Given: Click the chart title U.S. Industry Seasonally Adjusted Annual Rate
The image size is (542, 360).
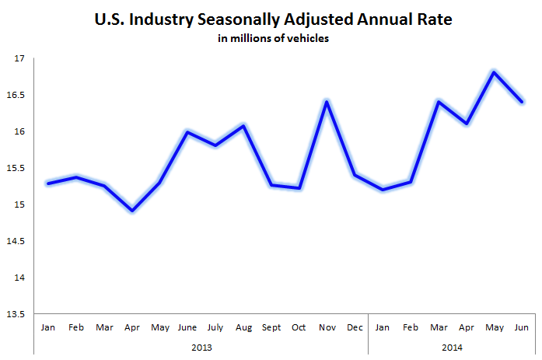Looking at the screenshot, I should [272, 19].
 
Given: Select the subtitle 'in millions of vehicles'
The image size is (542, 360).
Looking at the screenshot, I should [272, 39].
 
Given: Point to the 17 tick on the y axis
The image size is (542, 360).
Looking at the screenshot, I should [19, 58].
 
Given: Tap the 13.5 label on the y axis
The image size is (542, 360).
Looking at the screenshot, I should [16, 314].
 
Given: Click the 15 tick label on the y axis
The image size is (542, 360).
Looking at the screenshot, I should [19, 204].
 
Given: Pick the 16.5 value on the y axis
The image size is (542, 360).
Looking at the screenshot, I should [16, 95].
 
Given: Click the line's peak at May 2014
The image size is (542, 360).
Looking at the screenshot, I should [492, 72].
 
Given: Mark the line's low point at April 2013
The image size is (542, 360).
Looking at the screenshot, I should [131, 211].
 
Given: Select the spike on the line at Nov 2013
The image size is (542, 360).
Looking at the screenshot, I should [327, 101].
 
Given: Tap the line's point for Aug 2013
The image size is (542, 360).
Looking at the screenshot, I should [244, 126].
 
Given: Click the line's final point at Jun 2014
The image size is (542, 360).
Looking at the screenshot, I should [521, 102].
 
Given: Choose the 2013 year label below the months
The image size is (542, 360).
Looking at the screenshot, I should [201, 346].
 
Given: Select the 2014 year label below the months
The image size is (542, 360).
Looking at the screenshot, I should [451, 346].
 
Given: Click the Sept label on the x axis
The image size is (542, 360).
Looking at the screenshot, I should [271, 328].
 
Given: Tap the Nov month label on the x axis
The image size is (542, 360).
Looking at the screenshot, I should [327, 328].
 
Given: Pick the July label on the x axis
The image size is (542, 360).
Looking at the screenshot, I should [215, 328].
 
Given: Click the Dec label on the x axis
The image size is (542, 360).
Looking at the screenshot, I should [354, 328].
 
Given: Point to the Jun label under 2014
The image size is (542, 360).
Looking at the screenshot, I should [521, 328].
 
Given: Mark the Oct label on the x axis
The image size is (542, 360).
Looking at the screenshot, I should [299, 328].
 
